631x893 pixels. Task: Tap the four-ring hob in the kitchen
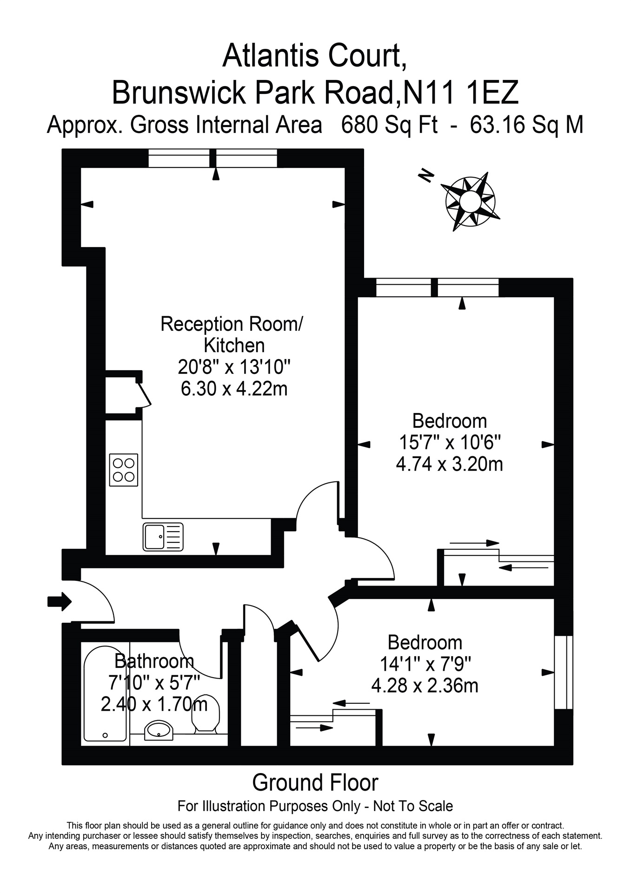pyautogui.click(x=124, y=470)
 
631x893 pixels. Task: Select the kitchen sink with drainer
pyautogui.click(x=163, y=536)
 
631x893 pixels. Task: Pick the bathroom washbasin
pyautogui.click(x=159, y=730)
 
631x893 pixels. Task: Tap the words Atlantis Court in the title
pyautogui.click(x=315, y=56)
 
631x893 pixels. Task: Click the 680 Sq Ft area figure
pyautogui.click(x=389, y=125)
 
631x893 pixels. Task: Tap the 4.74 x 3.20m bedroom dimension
pyautogui.click(x=449, y=464)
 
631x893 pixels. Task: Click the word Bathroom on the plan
pyautogui.click(x=154, y=660)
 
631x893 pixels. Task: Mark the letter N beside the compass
pyautogui.click(x=425, y=175)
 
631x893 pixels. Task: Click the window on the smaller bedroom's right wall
pyautogui.click(x=563, y=672)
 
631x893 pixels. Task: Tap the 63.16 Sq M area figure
pyautogui.click(x=526, y=125)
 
